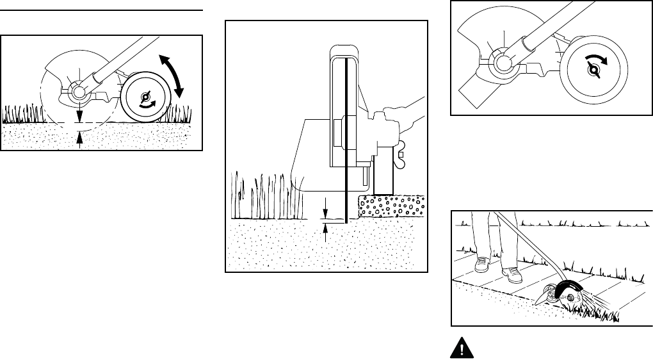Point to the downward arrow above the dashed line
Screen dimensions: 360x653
click(x=79, y=114)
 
